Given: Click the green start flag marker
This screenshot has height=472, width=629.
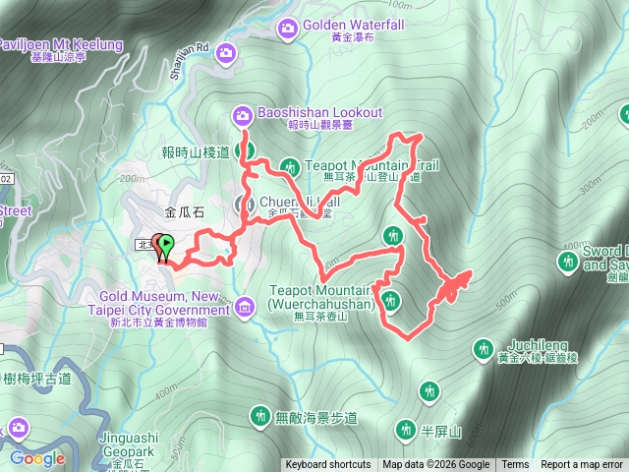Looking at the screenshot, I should point(165,246).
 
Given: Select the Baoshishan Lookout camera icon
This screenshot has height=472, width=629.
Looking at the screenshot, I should point(242,116).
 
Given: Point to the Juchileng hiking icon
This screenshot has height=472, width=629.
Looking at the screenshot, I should point(483,348).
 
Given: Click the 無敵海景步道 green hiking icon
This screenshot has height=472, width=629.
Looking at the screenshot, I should point(259,416).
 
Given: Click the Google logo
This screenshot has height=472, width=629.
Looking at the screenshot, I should point(37,458).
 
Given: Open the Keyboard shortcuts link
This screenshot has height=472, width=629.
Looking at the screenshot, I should point(328,465).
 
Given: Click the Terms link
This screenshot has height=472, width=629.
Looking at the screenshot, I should point(515,465).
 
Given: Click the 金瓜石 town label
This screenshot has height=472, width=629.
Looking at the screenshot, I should point(185,211).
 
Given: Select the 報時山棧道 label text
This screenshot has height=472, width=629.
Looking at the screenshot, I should point(195,151).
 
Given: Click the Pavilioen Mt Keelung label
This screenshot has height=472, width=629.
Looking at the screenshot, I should point(61,45).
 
